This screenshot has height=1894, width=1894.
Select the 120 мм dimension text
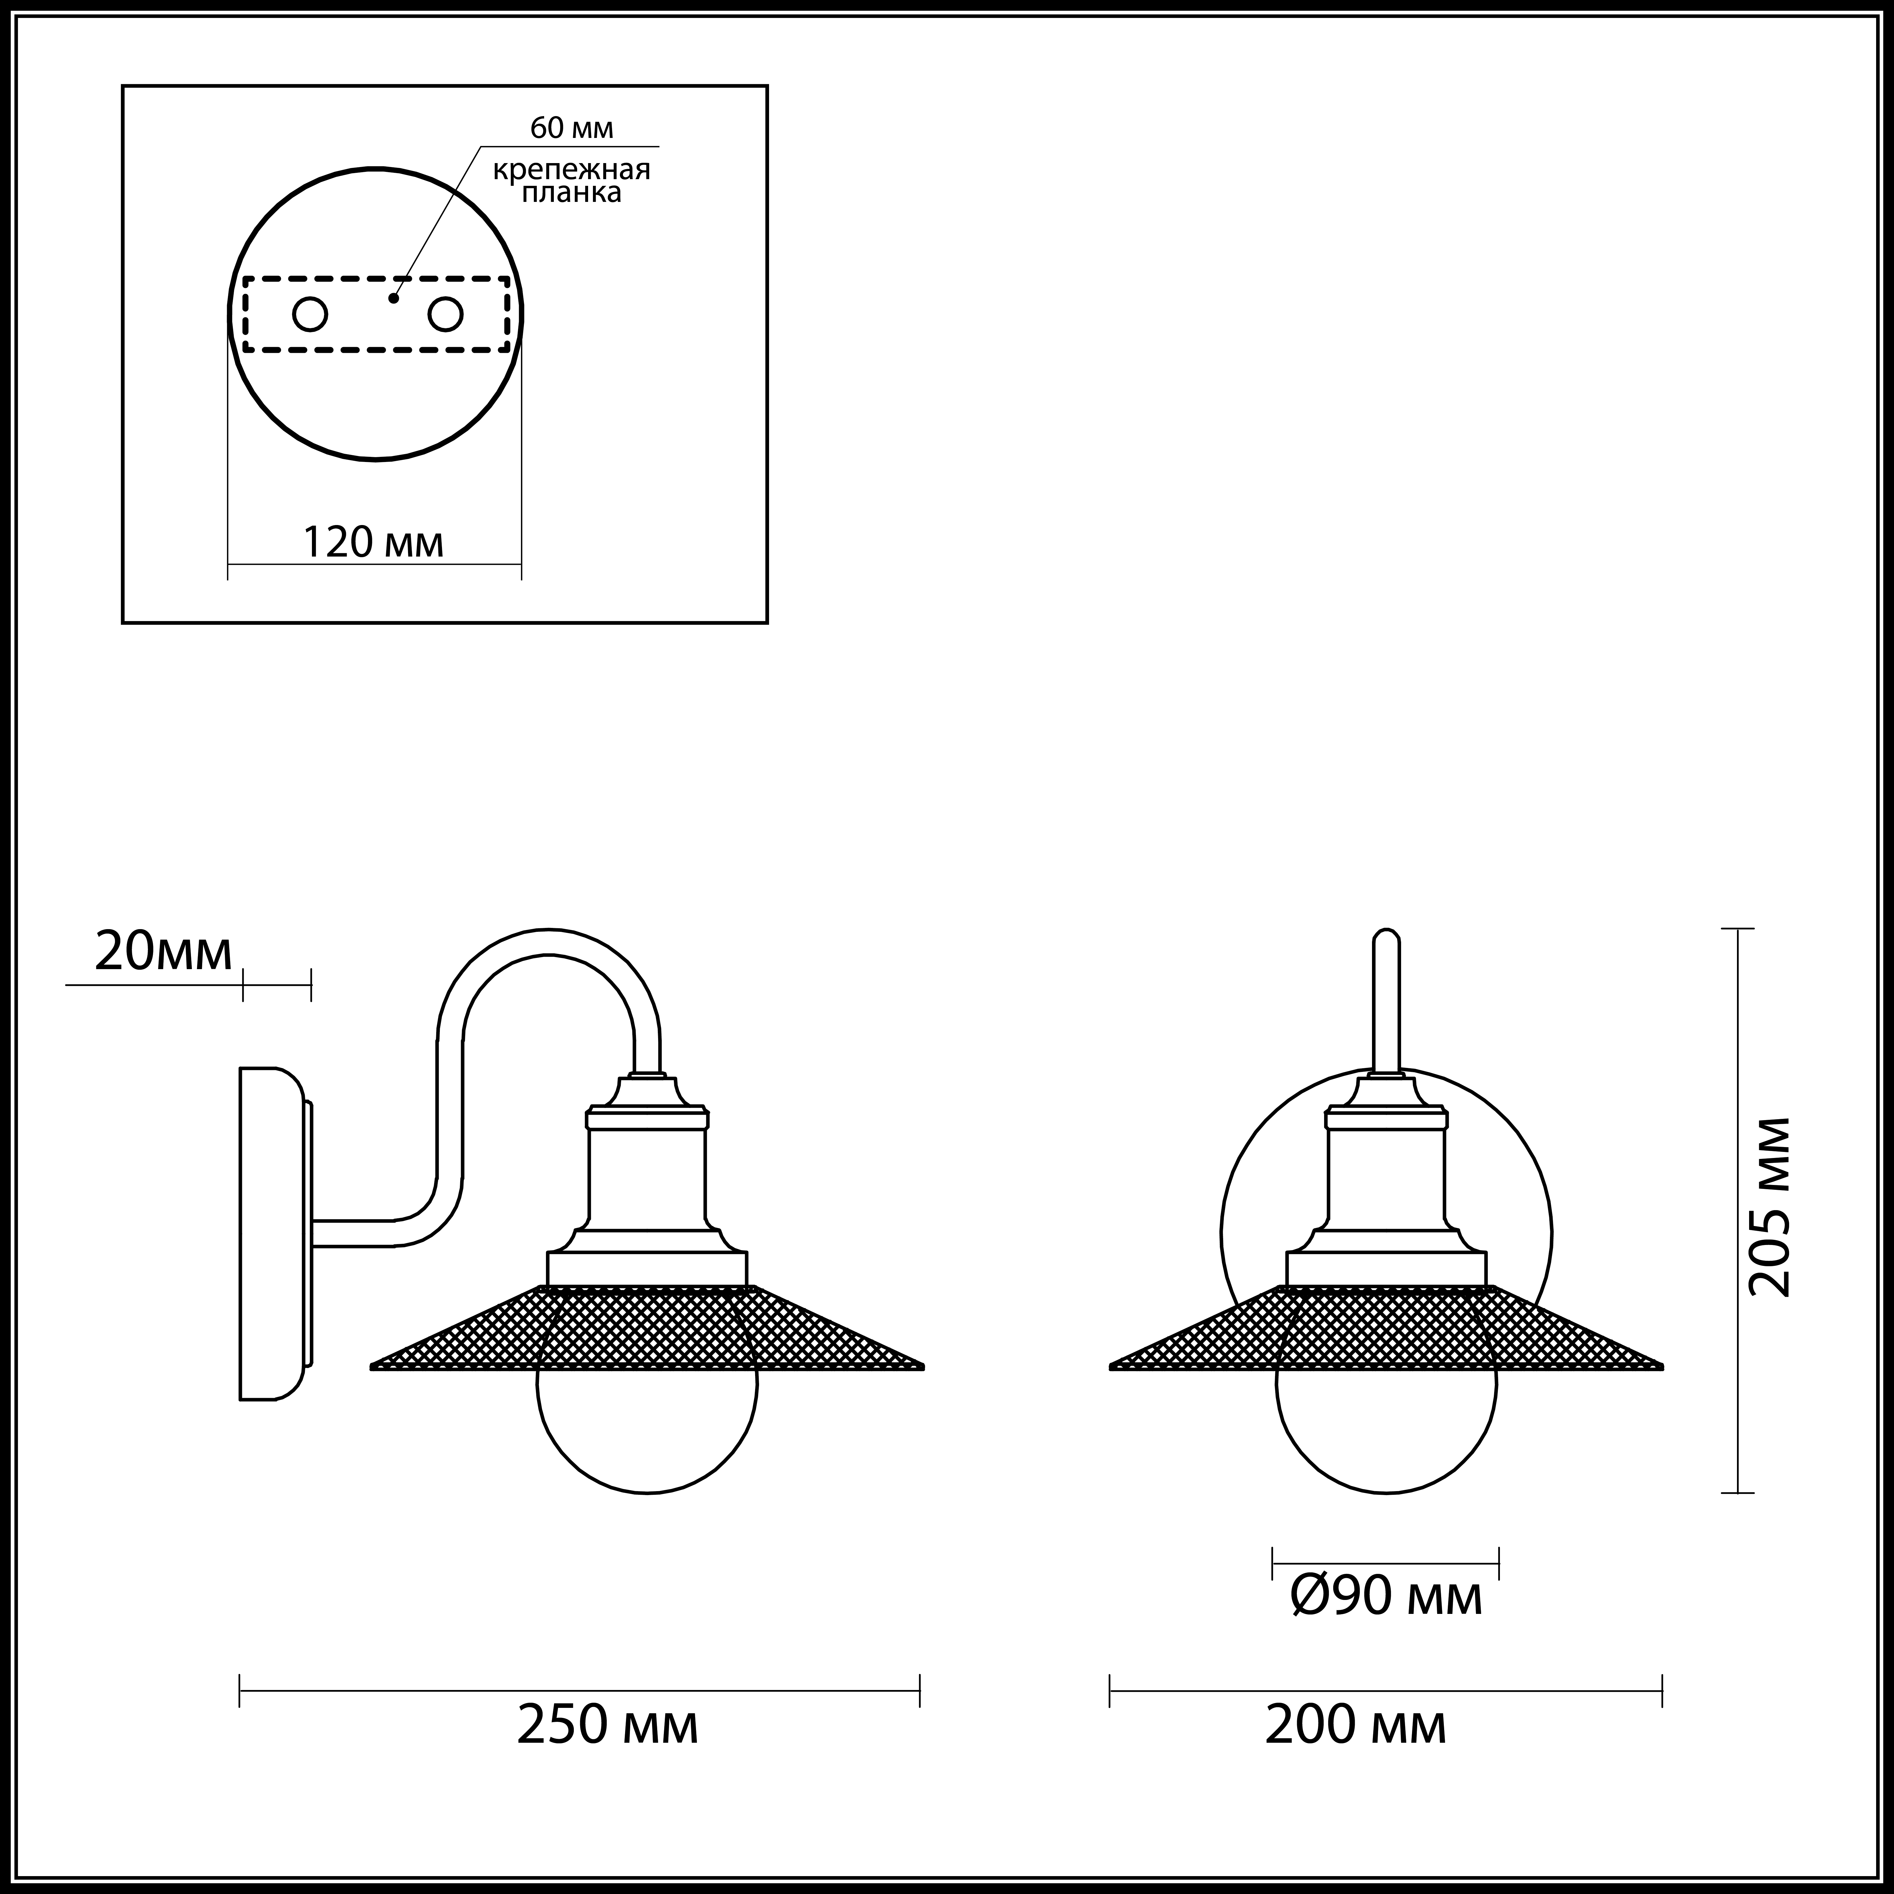click(x=373, y=542)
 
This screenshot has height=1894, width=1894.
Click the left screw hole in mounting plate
click(x=310, y=315)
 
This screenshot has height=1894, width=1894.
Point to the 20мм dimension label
click(x=164, y=951)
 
